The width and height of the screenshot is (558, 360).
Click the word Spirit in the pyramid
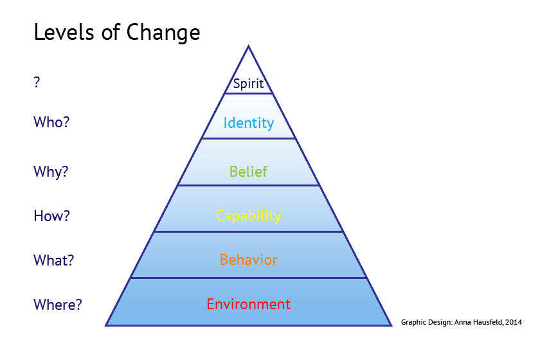click(x=248, y=84)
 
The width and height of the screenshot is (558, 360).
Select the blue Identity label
click(x=248, y=123)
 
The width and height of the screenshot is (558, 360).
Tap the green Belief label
click(x=248, y=172)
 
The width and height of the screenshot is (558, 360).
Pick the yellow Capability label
click(x=248, y=215)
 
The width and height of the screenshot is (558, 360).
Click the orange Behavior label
click(x=248, y=260)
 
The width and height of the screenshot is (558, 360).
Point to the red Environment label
click(x=248, y=304)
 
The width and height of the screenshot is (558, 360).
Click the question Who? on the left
click(x=51, y=122)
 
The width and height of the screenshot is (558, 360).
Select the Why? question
click(x=51, y=172)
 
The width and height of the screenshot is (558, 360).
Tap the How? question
click(x=51, y=216)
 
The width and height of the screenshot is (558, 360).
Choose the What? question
click(x=54, y=260)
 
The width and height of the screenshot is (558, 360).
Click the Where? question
click(x=58, y=305)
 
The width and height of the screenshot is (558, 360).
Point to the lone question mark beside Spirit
click(x=37, y=82)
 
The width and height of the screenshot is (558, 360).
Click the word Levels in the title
click(x=64, y=32)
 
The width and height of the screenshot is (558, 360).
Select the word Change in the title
click(x=163, y=33)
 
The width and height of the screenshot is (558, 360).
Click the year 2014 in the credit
click(x=514, y=322)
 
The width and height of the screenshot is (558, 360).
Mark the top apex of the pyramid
click(x=248, y=46)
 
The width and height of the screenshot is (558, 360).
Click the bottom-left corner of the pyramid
click(x=105, y=325)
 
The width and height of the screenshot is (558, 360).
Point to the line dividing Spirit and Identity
click(x=248, y=94)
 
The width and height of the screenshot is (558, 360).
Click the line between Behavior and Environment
click(x=248, y=278)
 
